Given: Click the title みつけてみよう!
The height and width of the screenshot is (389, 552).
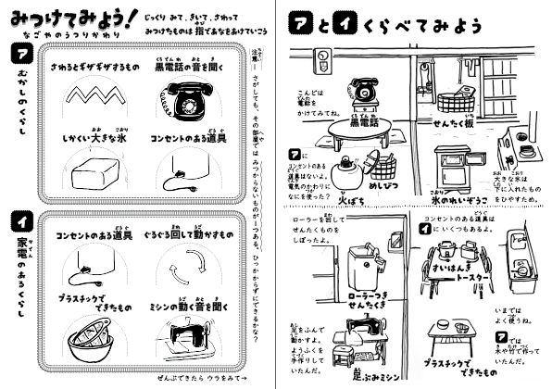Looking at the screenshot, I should tap(64, 14).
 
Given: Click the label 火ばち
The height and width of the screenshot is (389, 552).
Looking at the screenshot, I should tap(329, 197).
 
